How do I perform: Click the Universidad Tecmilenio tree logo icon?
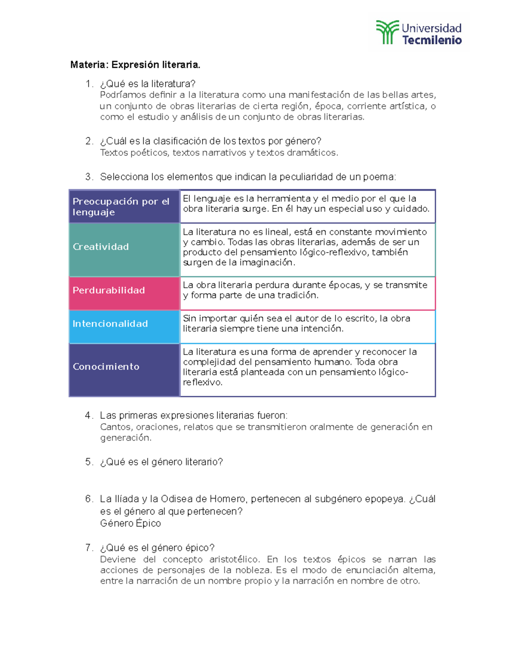387,32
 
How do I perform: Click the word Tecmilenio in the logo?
431,41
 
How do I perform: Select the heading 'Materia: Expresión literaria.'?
135,65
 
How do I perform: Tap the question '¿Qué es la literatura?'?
147,84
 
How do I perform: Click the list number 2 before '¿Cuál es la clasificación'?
88,141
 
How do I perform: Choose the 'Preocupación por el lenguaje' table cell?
124,207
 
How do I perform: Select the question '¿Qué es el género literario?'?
161,462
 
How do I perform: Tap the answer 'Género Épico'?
130,523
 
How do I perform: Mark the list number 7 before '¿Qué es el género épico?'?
88,548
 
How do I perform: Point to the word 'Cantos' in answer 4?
115,427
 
